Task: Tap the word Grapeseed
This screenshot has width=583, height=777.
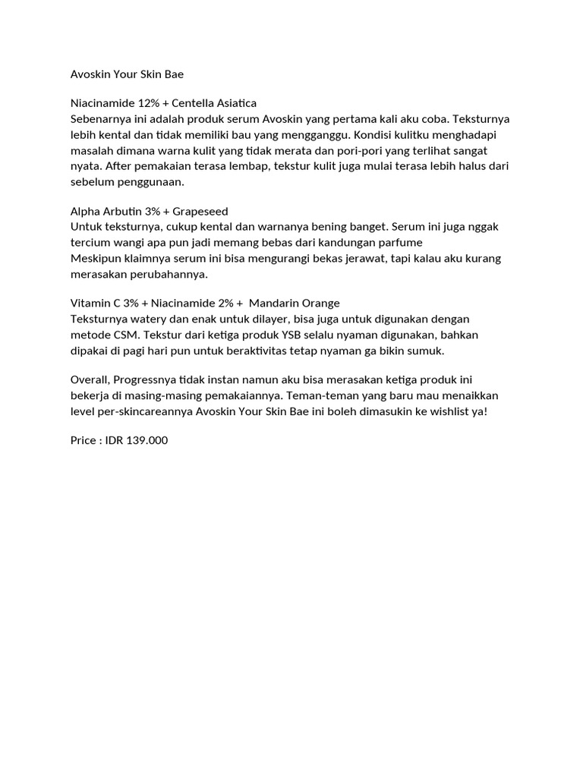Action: [200, 211]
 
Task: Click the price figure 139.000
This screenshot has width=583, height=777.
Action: [146, 440]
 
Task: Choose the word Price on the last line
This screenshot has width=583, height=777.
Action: [84, 440]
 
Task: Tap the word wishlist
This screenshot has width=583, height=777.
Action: [448, 411]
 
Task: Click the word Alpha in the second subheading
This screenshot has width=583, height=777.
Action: [85, 211]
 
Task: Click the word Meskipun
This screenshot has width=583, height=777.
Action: [96, 259]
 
